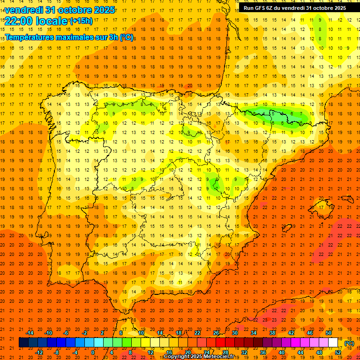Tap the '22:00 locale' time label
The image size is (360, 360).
36,21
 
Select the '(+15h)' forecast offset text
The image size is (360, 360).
81,21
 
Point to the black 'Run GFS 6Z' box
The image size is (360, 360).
295,8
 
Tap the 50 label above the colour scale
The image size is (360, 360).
329,332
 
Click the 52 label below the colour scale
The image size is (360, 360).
338,352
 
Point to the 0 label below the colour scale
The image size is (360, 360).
93,352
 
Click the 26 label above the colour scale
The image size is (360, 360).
216,332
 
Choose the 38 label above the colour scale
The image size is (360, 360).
272,332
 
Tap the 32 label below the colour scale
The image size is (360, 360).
244,352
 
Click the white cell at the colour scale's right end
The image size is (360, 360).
333,343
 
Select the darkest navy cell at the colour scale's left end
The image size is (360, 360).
23,343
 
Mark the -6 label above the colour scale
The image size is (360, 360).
66,332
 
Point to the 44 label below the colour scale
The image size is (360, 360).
300,352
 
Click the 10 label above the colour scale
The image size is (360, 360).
141,332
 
